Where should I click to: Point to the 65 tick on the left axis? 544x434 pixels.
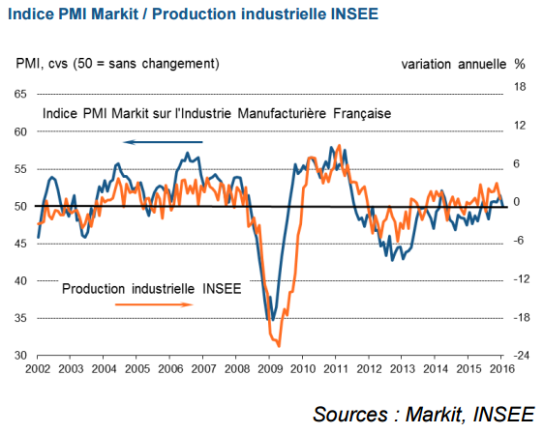(x=19, y=94)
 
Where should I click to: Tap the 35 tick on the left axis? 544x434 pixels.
(x=19, y=318)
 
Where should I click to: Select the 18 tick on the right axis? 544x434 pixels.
(x=519, y=87)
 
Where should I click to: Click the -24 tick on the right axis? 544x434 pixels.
(x=520, y=356)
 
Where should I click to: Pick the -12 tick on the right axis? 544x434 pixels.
(x=520, y=279)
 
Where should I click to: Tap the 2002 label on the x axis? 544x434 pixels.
(x=38, y=369)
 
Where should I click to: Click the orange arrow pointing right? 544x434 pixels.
(x=153, y=304)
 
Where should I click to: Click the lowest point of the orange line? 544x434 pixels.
(x=279, y=345)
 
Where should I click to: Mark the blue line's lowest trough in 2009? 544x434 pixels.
(x=272, y=320)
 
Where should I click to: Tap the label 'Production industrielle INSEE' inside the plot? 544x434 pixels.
(x=150, y=288)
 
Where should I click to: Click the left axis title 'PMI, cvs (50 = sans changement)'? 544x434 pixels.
(x=118, y=64)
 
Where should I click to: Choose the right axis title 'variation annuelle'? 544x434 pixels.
(x=452, y=64)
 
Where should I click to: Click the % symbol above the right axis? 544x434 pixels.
(x=520, y=64)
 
